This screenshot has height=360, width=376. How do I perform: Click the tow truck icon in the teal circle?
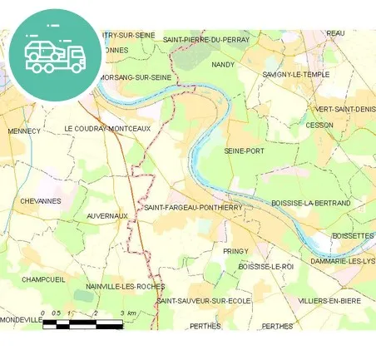click(55, 55)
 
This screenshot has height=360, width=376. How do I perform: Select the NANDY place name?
click(223, 64)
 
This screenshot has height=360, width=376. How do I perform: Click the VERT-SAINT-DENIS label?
click(344, 109)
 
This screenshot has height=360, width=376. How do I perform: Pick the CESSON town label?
click(319, 126)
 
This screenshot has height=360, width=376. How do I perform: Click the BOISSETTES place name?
click(353, 236)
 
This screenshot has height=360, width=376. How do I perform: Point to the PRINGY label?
click(236, 250)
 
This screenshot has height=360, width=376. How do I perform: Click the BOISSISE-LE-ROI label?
click(266, 266)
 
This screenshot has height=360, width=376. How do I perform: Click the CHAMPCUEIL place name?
click(43, 279)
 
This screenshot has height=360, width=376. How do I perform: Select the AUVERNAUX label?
click(107, 215)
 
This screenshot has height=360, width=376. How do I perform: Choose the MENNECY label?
click(23, 131)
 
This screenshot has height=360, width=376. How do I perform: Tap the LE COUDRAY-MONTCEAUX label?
click(107, 129)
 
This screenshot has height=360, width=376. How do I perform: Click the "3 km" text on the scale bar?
click(127, 313)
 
